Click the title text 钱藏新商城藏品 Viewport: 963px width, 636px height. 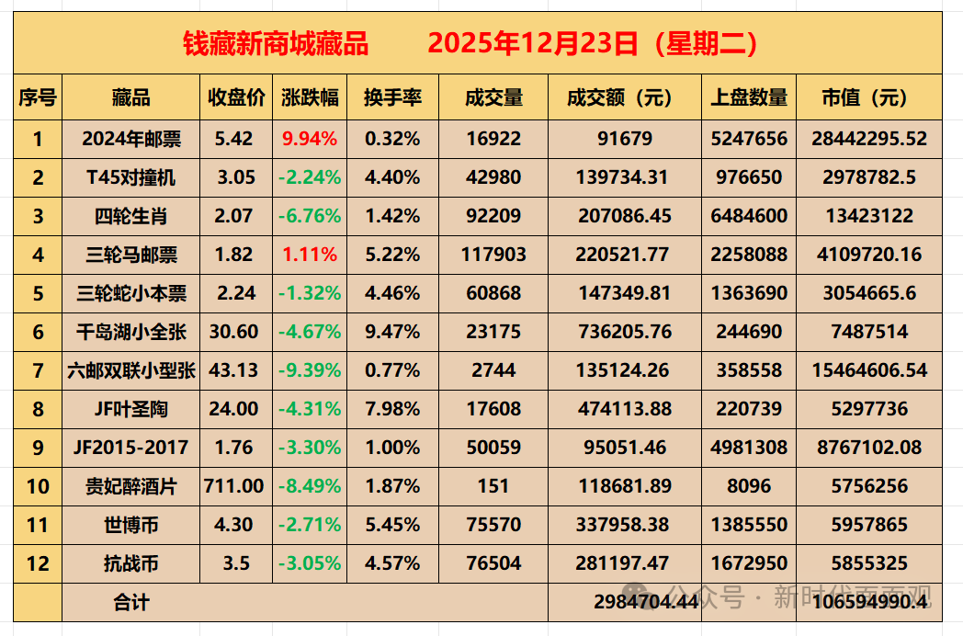pos(276,43)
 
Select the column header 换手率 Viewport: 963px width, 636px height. pos(392,98)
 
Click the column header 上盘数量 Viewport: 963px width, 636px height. pos(749,98)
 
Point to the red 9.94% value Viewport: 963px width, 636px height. pos(311,139)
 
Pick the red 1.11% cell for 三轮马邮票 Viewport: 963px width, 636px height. pos(311,255)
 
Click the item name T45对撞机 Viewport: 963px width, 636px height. pos(131,177)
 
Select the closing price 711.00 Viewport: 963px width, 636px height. pos(236,486)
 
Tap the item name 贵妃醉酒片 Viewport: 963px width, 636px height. pos(131,486)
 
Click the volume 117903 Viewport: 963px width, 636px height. pos(494,255)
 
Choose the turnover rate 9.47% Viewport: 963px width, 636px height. pos(392,332)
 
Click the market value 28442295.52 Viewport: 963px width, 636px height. pos(869,139)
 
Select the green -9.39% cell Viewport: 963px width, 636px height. pos(311,370)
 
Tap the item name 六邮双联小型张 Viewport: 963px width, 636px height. pos(131,370)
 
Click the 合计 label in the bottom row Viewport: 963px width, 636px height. pos(131,602)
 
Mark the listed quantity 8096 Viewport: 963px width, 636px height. pos(749,486)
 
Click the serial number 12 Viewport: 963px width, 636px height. pos(38,563)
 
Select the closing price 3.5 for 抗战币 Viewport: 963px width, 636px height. pos(236,563)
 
